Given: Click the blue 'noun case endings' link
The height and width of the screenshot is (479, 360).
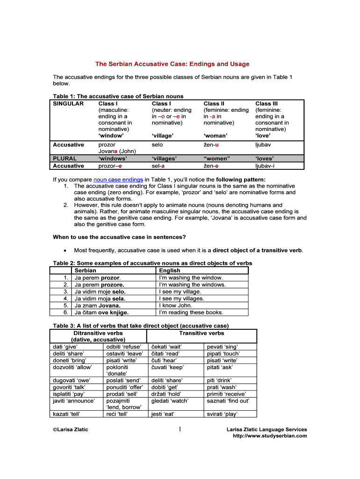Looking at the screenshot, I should click(x=118, y=179).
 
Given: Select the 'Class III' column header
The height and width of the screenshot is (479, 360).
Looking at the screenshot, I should click(x=266, y=103).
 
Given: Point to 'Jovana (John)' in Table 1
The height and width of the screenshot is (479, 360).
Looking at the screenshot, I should click(x=117, y=152).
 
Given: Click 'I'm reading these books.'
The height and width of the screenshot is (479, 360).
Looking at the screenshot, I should click(x=191, y=312).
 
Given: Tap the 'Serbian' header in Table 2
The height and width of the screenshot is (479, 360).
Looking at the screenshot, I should click(x=86, y=270).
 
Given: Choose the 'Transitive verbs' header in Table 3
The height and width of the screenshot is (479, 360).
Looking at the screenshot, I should click(x=202, y=333).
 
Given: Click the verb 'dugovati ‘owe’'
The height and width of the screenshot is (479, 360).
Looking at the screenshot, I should click(x=71, y=380).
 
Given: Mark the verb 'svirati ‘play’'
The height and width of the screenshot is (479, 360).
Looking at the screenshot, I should click(x=222, y=414).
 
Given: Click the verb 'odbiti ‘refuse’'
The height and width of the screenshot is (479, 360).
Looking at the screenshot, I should click(x=123, y=347).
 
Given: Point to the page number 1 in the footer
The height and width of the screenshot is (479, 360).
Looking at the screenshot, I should click(x=180, y=429).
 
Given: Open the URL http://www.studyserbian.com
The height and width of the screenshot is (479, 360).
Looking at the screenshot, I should click(x=270, y=436).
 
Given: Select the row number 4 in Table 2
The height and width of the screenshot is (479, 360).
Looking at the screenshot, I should click(x=66, y=298).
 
